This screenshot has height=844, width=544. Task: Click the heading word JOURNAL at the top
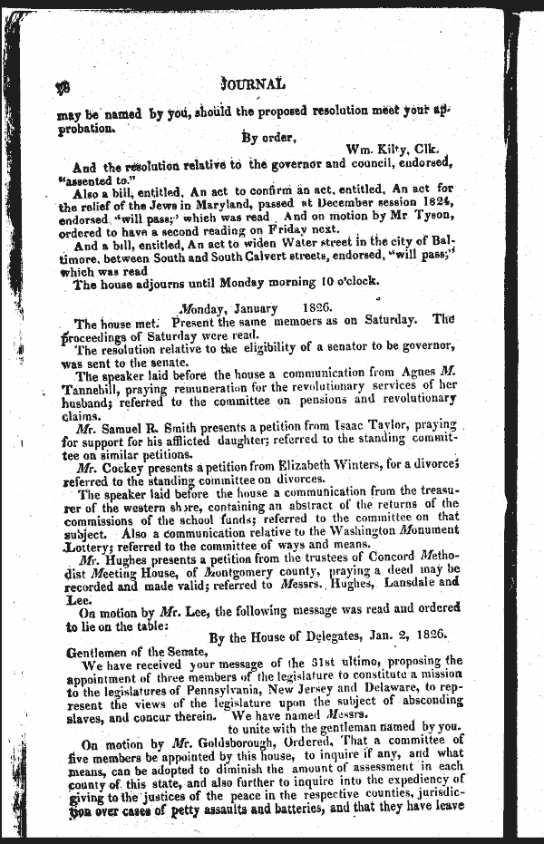coord(253,83)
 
